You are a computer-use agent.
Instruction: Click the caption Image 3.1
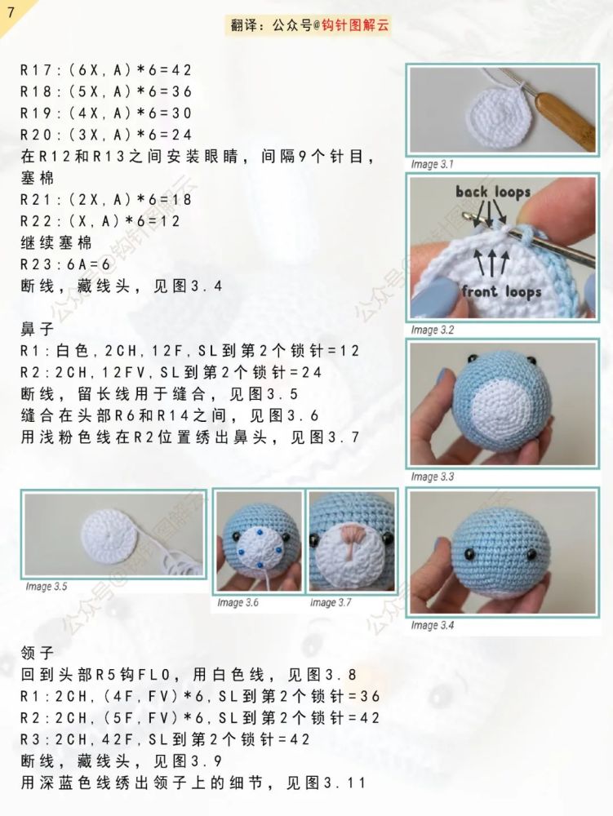(432, 164)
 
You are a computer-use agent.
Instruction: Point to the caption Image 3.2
(433, 330)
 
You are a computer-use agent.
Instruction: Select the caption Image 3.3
(433, 477)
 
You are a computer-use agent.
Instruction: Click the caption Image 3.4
(433, 625)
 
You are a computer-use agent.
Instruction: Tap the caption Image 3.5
(47, 586)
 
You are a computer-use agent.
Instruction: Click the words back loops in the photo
(493, 193)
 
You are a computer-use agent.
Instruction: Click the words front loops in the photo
(501, 291)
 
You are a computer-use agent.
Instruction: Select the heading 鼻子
(37, 330)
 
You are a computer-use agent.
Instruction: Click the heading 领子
(37, 653)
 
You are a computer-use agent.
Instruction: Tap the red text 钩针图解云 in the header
(357, 25)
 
